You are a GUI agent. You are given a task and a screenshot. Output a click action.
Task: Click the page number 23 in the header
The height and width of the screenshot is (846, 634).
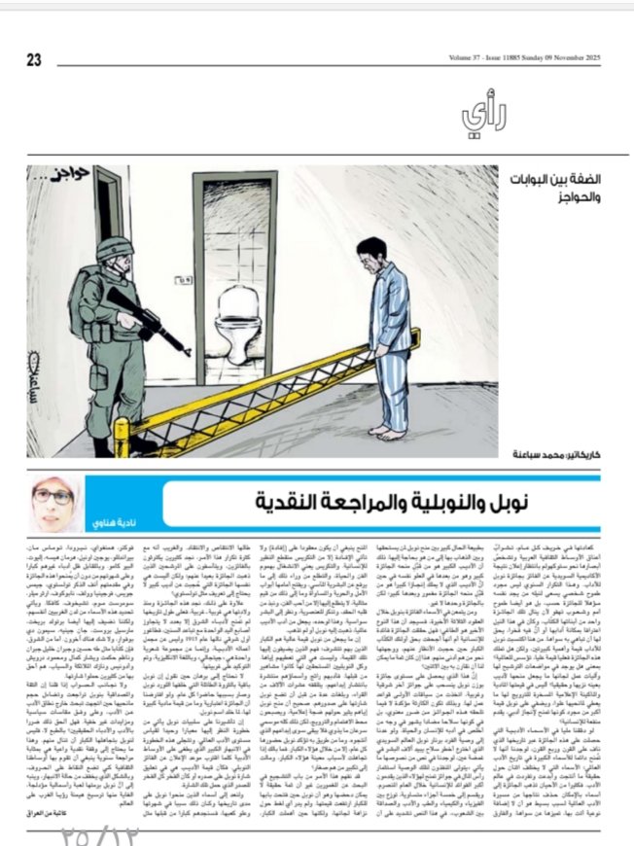coord(35,58)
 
